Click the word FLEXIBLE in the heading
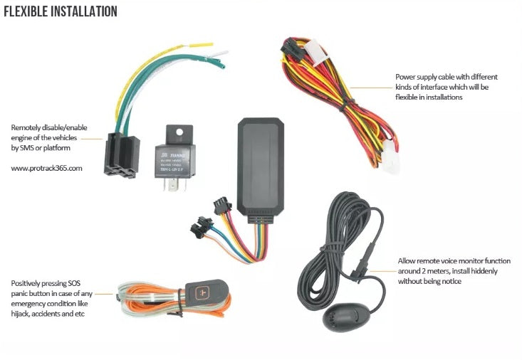[29, 12]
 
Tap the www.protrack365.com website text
[47, 169]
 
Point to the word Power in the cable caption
[407, 77]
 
